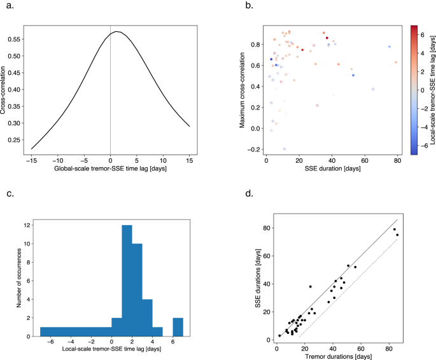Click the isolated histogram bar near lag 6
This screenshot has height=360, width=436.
(x=178, y=328)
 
